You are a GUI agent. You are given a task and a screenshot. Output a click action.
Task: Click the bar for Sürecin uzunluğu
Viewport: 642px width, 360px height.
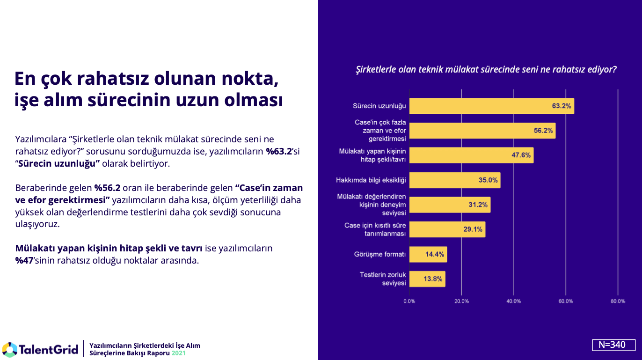click(491, 106)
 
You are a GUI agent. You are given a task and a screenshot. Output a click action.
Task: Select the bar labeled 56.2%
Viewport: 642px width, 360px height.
click(482, 131)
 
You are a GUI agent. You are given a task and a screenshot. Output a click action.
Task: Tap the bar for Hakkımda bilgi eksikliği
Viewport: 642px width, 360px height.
click(454, 180)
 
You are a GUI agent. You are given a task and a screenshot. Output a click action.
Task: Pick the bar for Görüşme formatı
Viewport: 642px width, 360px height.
click(428, 255)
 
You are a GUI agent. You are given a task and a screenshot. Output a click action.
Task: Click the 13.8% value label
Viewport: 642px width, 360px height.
click(433, 279)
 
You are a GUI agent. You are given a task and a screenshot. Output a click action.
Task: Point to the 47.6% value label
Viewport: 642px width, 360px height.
click(521, 155)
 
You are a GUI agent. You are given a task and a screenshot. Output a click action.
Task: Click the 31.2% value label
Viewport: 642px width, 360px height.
click(478, 205)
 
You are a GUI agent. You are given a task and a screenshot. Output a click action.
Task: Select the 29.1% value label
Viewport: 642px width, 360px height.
click(473, 230)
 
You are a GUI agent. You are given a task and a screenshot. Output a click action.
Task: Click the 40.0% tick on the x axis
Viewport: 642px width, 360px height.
click(513, 301)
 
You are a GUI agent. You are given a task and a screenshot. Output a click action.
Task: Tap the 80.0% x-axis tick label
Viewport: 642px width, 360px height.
click(618, 301)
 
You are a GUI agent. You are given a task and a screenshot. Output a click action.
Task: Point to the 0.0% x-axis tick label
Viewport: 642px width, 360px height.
click(409, 301)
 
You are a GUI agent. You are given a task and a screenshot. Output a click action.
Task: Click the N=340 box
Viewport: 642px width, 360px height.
click(613, 345)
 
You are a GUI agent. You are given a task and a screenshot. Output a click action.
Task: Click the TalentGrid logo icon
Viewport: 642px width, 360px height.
click(9, 349)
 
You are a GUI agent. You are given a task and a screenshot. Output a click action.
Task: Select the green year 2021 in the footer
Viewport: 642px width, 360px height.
click(178, 353)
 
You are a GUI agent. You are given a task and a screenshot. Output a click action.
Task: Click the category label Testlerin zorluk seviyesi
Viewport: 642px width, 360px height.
click(383, 279)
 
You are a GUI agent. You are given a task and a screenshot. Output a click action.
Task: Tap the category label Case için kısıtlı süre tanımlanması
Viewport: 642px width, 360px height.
click(375, 230)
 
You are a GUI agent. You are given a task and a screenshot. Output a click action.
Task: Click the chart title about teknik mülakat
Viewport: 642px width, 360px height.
click(486, 70)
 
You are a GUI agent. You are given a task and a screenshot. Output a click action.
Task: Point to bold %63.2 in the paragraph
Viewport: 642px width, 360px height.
click(279, 151)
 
